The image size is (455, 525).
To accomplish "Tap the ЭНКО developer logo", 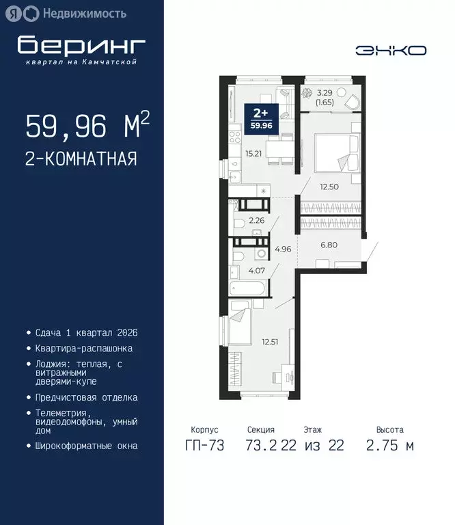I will (x=391, y=50).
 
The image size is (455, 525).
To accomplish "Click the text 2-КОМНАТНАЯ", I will (x=81, y=159).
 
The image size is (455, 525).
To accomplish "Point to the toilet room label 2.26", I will (x=256, y=220).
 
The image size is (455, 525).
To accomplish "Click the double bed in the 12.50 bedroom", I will (x=335, y=152).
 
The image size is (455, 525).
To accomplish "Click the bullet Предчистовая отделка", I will (x=86, y=397).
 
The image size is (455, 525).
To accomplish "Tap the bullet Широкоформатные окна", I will (x=86, y=446).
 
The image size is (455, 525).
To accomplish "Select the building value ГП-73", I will (x=204, y=446).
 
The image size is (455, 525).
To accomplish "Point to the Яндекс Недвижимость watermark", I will (x=69, y=12).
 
